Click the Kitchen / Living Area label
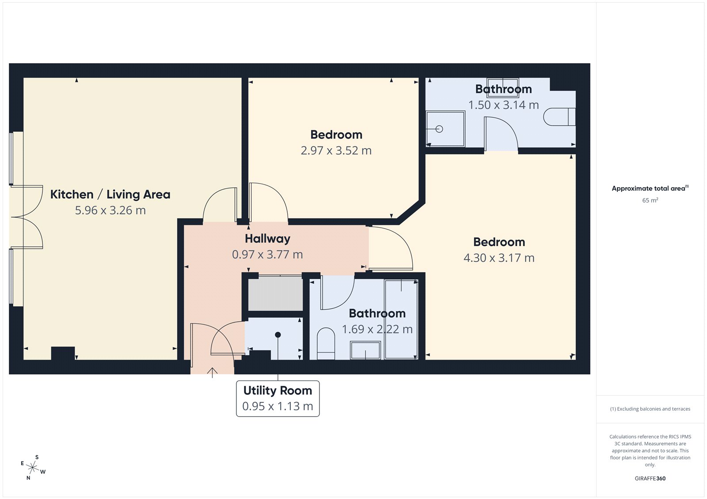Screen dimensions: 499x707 [x=110, y=195]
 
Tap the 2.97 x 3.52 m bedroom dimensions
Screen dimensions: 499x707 [x=336, y=151]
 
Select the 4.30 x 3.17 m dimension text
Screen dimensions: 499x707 [x=499, y=258]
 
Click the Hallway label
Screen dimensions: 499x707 [x=267, y=239]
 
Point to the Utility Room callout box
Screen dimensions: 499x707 [x=277, y=398]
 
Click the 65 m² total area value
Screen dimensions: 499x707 [x=650, y=200]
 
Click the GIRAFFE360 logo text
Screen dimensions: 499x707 [x=650, y=478]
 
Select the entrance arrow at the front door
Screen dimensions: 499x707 [x=213, y=373]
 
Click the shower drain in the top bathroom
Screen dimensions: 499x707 [x=439, y=129]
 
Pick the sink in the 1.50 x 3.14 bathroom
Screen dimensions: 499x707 [x=502, y=85]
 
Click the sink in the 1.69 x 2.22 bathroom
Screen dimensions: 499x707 [x=365, y=350]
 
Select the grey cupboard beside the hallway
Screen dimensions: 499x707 [x=275, y=293]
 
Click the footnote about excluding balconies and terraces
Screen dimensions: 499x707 [x=650, y=409]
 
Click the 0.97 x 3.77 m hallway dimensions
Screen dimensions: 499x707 [x=267, y=255]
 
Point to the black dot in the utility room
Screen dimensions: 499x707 [x=278, y=335]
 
